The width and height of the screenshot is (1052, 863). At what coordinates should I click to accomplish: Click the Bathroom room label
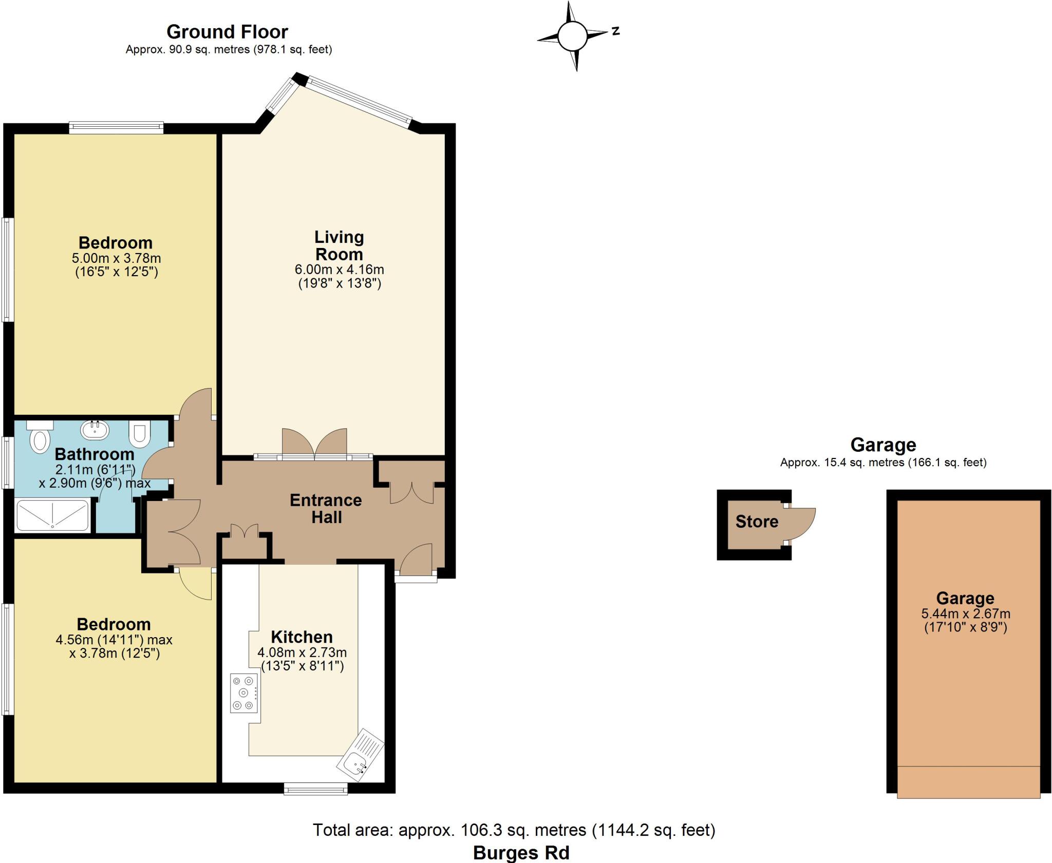[x=95, y=454]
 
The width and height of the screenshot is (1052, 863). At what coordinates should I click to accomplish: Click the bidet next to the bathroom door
[x=139, y=434]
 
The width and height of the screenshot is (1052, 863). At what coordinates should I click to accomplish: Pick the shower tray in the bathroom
[x=52, y=515]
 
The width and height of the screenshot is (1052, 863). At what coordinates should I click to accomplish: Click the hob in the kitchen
[x=243, y=693]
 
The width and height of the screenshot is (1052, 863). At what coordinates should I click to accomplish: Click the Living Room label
[x=339, y=245]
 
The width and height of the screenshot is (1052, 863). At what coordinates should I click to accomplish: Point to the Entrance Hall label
[x=326, y=508]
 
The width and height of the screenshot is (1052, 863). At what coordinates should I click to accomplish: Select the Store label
[x=757, y=522]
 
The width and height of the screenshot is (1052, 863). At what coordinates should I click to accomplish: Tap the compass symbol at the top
[x=572, y=36]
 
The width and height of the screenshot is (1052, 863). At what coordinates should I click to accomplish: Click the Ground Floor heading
[x=227, y=32]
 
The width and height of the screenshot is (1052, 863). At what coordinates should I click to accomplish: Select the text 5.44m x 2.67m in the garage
[x=966, y=613]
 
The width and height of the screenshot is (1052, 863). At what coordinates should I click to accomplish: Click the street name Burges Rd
[x=521, y=853]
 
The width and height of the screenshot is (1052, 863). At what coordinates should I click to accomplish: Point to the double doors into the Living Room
[x=314, y=444]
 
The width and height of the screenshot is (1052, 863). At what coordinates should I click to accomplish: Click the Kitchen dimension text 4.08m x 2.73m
[x=302, y=653]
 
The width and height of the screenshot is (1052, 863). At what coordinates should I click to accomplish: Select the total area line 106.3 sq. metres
[x=514, y=830]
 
